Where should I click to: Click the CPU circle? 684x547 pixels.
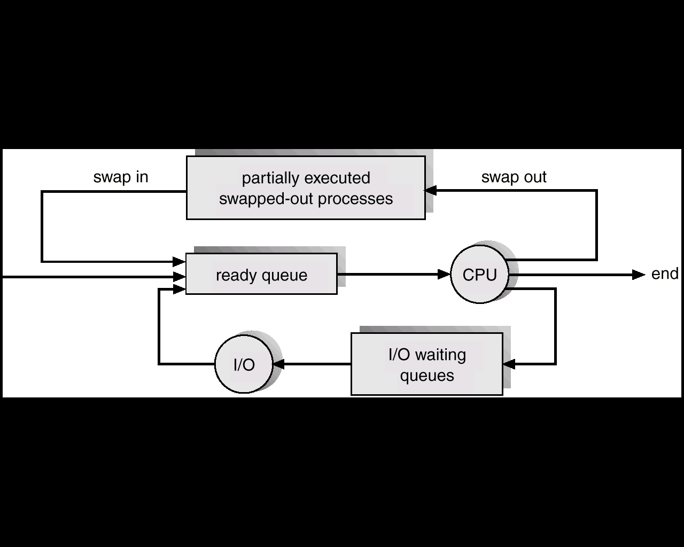pyautogui.click(x=480, y=274)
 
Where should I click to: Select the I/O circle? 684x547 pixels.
pyautogui.click(x=244, y=364)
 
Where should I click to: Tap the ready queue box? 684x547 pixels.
pyautogui.click(x=261, y=273)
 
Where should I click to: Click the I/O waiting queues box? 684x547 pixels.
pyautogui.click(x=427, y=364)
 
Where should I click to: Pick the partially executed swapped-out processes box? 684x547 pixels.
pyautogui.click(x=306, y=187)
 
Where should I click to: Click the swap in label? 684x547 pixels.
pyautogui.click(x=121, y=177)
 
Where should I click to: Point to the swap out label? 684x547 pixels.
pyautogui.click(x=514, y=177)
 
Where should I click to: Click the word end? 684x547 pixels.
pyautogui.click(x=665, y=274)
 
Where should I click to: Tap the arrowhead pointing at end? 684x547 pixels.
pyautogui.click(x=638, y=275)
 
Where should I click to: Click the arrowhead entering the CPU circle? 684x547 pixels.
pyautogui.click(x=444, y=274)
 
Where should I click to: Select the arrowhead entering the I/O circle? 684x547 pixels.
pyautogui.click(x=279, y=364)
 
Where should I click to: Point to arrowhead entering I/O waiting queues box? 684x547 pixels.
pyautogui.click(x=509, y=364)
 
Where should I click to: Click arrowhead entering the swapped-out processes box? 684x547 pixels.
pyautogui.click(x=431, y=190)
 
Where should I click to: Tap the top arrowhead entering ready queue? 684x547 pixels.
pyautogui.click(x=179, y=262)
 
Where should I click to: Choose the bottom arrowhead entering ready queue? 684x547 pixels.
pyautogui.click(x=179, y=289)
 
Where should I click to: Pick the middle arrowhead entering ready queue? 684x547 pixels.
pyautogui.click(x=179, y=277)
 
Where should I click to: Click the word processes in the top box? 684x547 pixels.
pyautogui.click(x=355, y=199)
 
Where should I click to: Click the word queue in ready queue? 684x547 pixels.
pyautogui.click(x=284, y=276)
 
